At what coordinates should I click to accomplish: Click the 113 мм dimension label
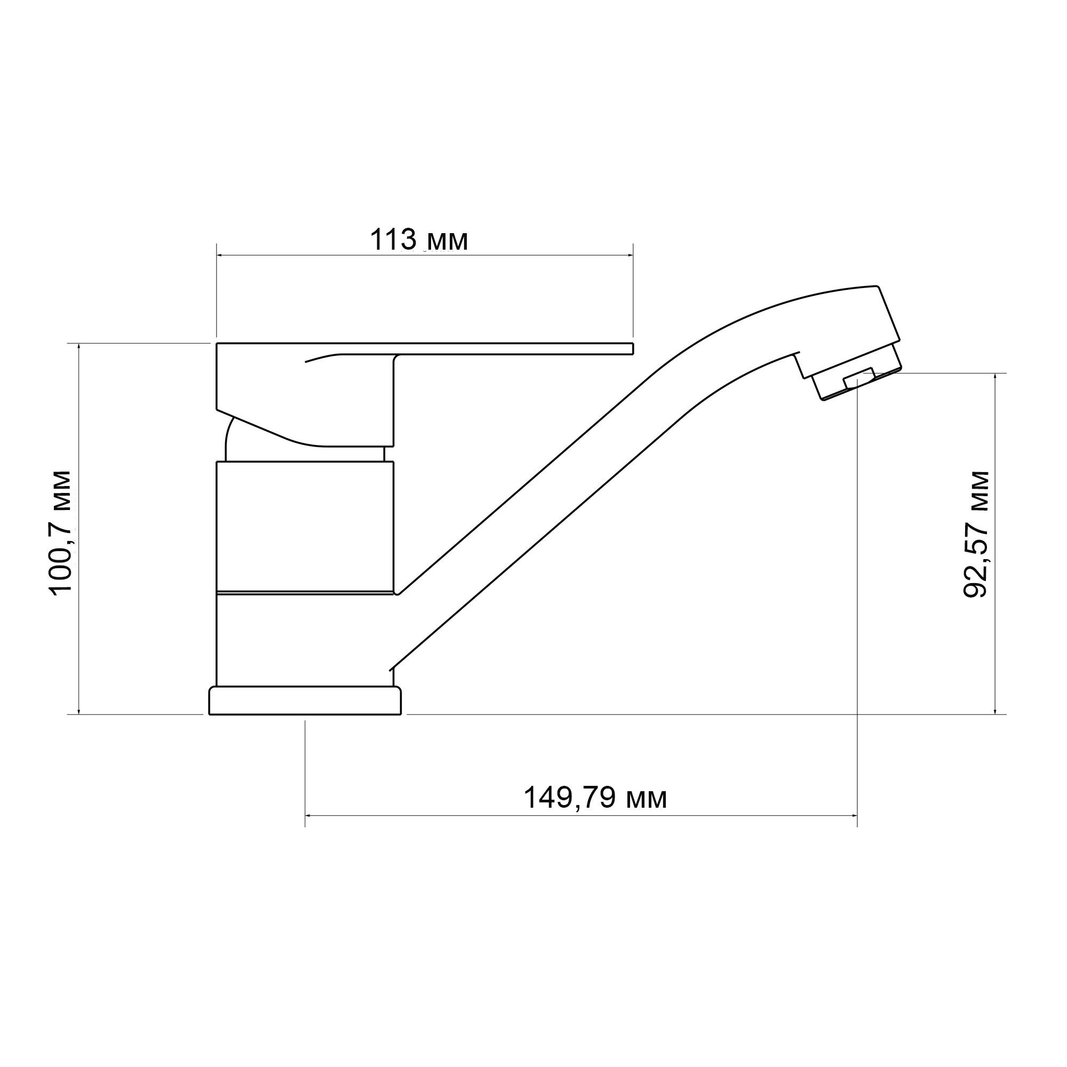(419, 240)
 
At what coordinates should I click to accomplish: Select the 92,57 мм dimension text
(976, 534)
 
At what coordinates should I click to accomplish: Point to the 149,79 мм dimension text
(595, 798)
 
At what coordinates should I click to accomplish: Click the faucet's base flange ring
(305, 701)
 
